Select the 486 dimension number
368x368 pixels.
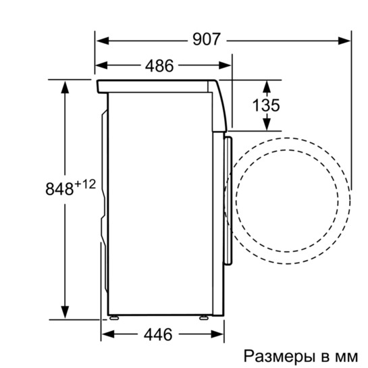click(159, 65)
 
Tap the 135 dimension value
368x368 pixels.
click(266, 106)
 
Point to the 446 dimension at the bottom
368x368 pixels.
click(157, 334)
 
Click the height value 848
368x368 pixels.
click(59, 190)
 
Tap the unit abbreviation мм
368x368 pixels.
click(347, 355)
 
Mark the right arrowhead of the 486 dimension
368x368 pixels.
click(227, 65)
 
